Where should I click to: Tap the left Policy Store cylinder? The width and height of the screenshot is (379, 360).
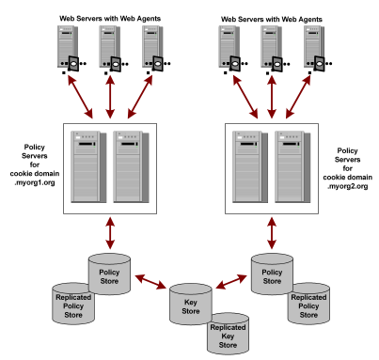pyautogui.click(x=113, y=273)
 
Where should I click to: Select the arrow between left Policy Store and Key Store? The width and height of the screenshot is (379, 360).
pyautogui.click(x=151, y=284)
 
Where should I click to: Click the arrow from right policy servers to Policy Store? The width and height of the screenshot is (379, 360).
pyautogui.click(x=274, y=231)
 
